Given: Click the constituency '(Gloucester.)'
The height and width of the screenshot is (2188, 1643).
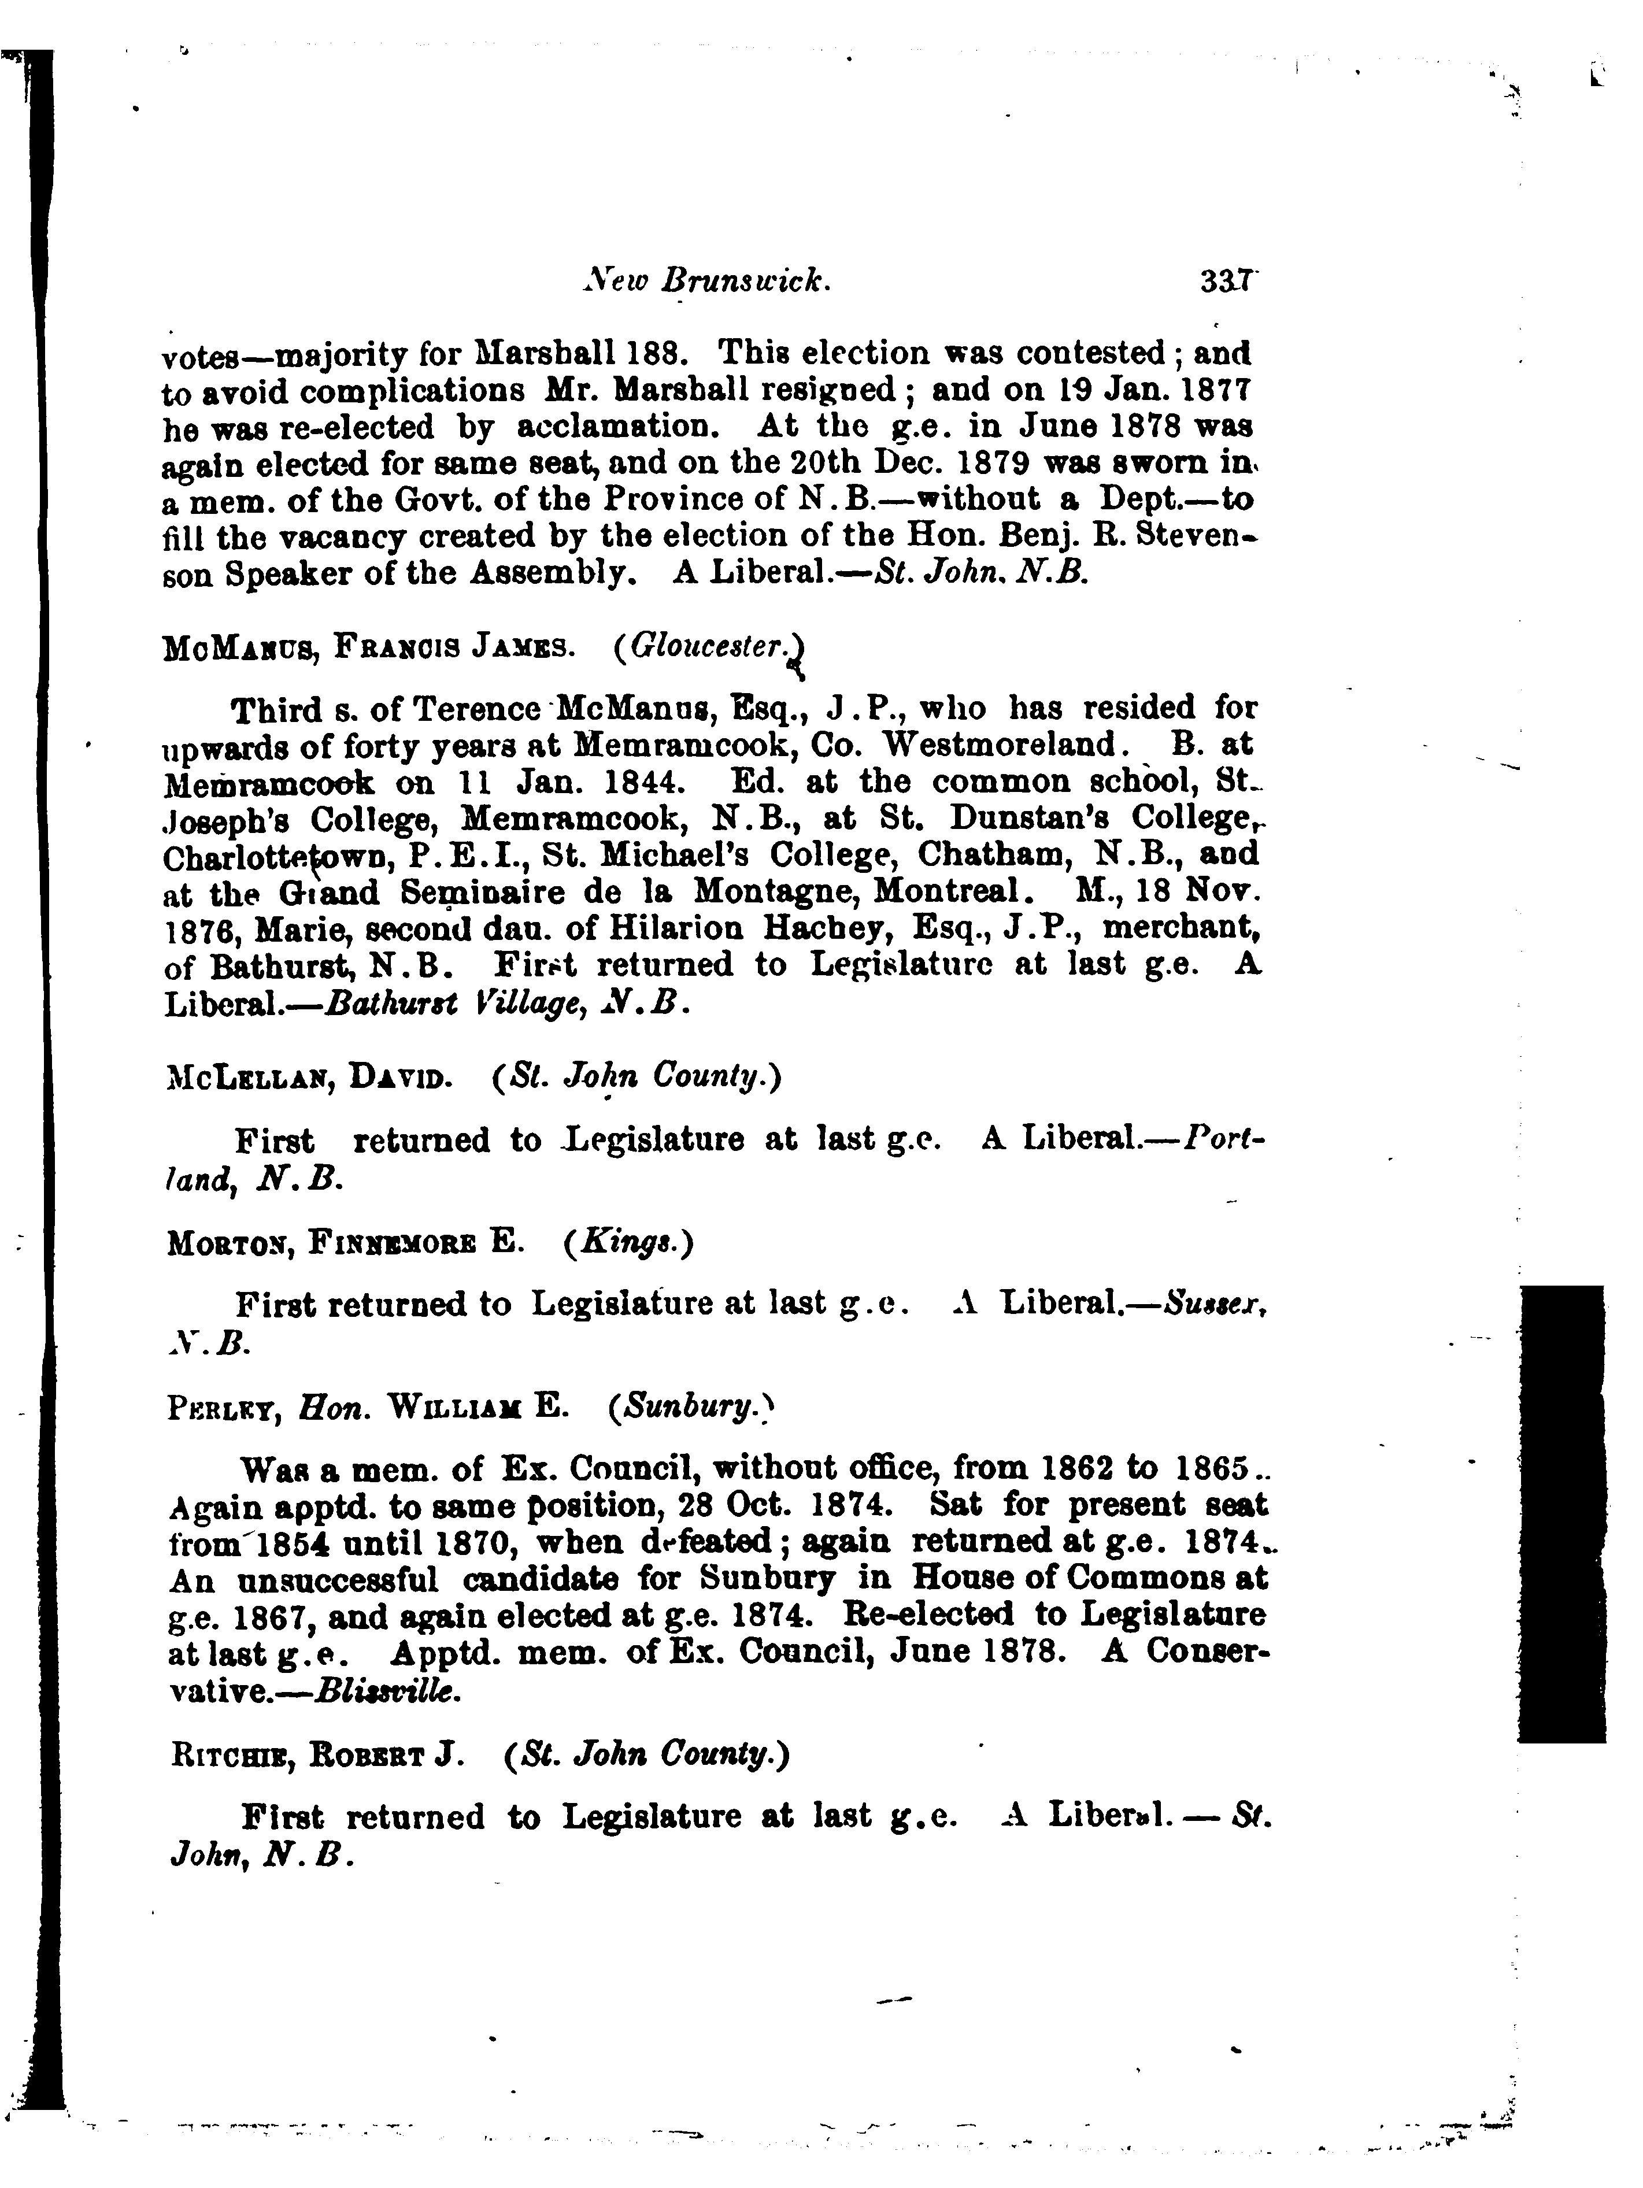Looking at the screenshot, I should (707, 648).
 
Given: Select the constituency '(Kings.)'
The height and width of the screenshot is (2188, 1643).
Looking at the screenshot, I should (628, 1242).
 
